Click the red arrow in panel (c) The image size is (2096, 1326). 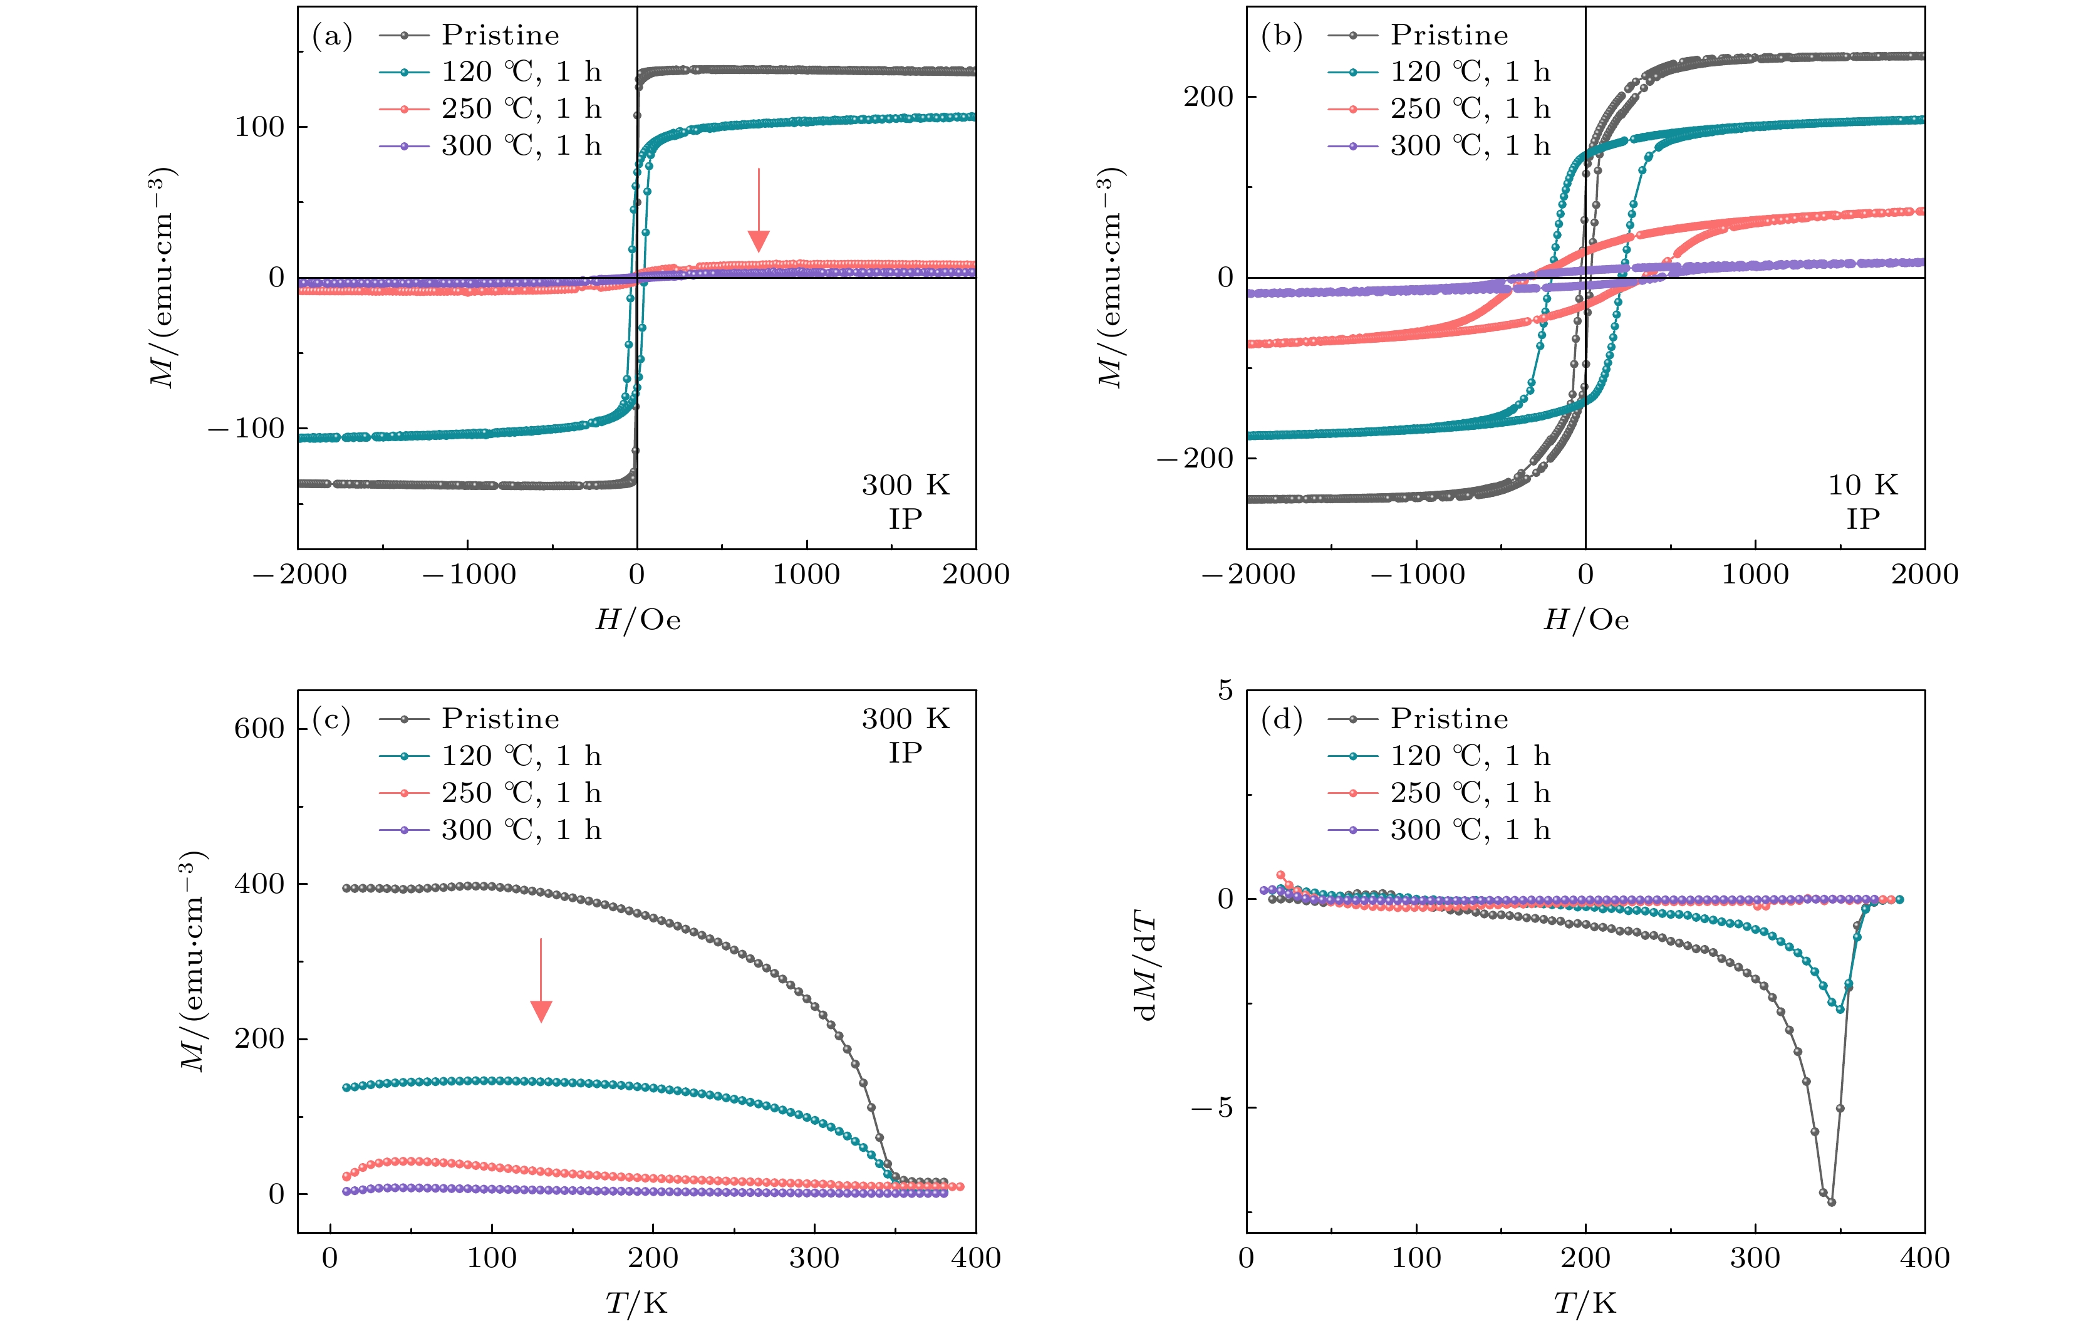tap(541, 979)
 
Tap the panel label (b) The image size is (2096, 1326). tap(1281, 36)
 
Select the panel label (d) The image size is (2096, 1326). tap(1281, 719)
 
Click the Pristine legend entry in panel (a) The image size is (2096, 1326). tap(500, 35)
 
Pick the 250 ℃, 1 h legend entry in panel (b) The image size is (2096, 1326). tap(1470, 109)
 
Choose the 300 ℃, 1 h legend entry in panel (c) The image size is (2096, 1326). tap(521, 830)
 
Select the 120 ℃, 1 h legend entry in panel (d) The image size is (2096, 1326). tap(1470, 756)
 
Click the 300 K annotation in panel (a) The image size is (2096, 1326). tap(905, 485)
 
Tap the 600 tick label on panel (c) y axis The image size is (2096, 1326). tap(259, 729)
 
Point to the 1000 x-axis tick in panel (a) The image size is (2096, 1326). tap(806, 575)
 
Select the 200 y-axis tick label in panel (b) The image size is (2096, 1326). tap(1208, 97)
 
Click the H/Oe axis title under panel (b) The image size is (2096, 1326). tap(1585, 620)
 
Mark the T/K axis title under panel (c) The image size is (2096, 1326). tap(636, 1303)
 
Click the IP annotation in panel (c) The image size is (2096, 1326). tap(905, 753)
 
